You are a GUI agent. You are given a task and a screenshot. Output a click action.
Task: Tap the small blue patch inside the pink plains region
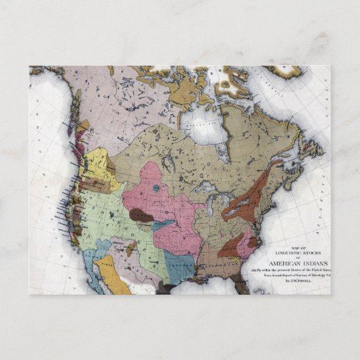coord(157,188)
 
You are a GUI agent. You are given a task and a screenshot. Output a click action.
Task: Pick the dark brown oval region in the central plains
coord(141,215)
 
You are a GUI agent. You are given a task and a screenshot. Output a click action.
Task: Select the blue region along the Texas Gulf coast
coord(178,264)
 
